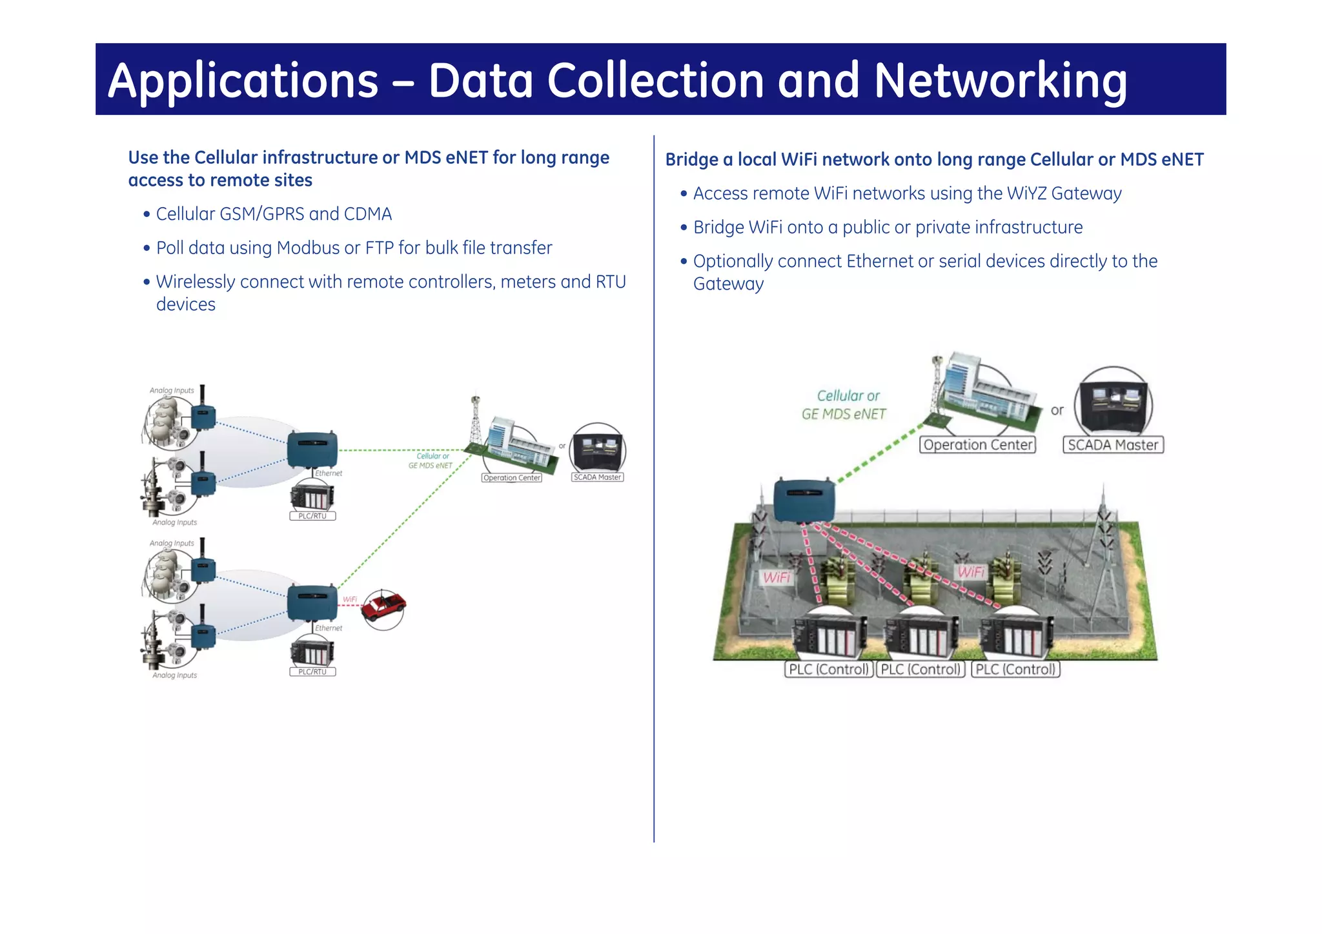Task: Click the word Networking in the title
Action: pyautogui.click(x=1001, y=81)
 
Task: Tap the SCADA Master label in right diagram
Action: pyautogui.click(x=1113, y=445)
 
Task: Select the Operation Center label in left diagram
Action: pyautogui.click(x=512, y=478)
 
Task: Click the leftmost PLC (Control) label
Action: pyautogui.click(x=829, y=670)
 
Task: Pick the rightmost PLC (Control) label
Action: pyautogui.click(x=1015, y=670)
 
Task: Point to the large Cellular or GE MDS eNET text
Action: pyautogui.click(x=845, y=405)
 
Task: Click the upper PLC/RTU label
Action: pyautogui.click(x=312, y=516)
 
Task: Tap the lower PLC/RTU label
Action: pyautogui.click(x=312, y=671)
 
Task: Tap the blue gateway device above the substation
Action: pyautogui.click(x=804, y=501)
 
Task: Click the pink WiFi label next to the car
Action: pyautogui.click(x=350, y=599)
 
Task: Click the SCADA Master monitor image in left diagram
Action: pyautogui.click(x=598, y=450)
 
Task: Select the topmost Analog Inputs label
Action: pyautogui.click(x=172, y=390)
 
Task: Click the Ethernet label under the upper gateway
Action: pyautogui.click(x=329, y=473)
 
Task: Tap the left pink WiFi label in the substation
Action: pyautogui.click(x=777, y=577)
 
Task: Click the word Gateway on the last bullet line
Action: pyautogui.click(x=728, y=284)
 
